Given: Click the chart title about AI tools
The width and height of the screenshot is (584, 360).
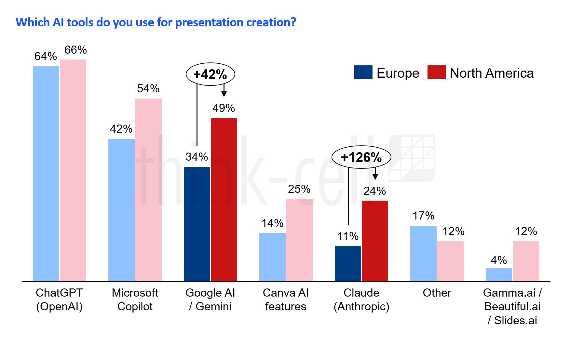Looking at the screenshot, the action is (x=156, y=22).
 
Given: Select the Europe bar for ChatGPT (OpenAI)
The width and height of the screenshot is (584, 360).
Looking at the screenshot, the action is (x=46, y=174).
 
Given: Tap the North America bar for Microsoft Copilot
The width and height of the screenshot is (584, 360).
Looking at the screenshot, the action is (x=148, y=190).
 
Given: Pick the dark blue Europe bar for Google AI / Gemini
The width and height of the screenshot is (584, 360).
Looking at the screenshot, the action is (x=197, y=224).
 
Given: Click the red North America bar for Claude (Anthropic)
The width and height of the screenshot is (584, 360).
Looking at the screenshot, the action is (x=375, y=241).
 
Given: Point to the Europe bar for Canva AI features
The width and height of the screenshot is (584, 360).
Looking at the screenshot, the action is (x=272, y=257).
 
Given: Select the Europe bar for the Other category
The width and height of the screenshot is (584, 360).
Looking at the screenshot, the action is (x=423, y=253).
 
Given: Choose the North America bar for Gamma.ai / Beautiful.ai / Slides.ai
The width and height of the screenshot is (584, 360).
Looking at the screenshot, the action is (x=526, y=261).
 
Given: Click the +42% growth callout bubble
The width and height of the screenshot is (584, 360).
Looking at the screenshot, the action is (x=210, y=74).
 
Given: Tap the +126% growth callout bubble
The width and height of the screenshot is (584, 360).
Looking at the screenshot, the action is (x=361, y=157).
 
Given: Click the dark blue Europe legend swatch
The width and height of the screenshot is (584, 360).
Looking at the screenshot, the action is (x=363, y=72).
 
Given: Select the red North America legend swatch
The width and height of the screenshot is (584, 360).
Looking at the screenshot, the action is (x=436, y=72).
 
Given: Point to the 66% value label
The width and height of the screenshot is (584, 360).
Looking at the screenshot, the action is (x=75, y=50).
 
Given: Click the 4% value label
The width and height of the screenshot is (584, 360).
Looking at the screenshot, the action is (x=499, y=260).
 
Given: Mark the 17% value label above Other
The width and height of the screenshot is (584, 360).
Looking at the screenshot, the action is (x=423, y=216).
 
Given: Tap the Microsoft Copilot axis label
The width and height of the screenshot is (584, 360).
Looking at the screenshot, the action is (x=135, y=300).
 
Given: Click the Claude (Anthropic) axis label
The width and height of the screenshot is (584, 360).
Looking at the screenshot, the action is (x=361, y=300).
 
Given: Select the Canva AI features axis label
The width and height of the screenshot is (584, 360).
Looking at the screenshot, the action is (x=286, y=300).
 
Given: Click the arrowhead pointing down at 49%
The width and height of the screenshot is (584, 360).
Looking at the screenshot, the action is (x=224, y=94).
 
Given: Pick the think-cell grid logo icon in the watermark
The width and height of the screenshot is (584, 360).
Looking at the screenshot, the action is (x=412, y=158).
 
